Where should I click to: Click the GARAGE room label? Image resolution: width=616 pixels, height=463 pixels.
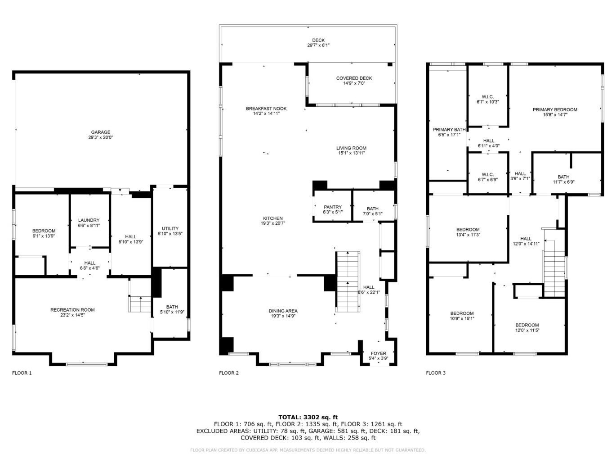[x=100, y=132]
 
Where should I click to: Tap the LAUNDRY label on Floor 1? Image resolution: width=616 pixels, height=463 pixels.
[x=89, y=220]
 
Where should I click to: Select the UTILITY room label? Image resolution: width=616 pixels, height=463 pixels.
[x=170, y=228]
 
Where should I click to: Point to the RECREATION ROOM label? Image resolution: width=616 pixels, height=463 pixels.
[x=72, y=310]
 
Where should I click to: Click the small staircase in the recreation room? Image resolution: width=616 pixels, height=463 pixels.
[x=140, y=304]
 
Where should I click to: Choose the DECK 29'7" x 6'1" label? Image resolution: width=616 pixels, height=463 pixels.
[x=318, y=43]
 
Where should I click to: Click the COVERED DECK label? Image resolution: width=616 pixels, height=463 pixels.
[x=354, y=78]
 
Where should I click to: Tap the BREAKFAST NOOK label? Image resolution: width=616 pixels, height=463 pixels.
[x=266, y=109]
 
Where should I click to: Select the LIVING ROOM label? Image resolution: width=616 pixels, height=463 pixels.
[x=351, y=148]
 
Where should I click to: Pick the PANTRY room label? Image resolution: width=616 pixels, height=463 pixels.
[x=333, y=207]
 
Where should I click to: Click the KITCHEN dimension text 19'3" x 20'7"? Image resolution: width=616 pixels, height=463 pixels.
[x=273, y=223]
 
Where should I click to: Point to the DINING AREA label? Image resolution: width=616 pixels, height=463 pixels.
[x=283, y=311]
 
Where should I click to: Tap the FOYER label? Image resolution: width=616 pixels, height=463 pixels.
[x=378, y=354]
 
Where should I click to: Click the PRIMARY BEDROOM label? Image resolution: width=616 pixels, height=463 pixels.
[x=555, y=109]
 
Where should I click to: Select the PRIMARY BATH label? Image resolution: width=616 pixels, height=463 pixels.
[x=449, y=130]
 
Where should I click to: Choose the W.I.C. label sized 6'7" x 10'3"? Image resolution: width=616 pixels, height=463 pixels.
[x=488, y=99]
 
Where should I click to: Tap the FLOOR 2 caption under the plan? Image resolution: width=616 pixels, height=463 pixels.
[x=229, y=373]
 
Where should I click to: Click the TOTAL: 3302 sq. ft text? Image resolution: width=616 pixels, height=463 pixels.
[x=308, y=417]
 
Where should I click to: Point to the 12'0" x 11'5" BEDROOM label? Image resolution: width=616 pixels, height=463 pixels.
[x=527, y=327]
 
